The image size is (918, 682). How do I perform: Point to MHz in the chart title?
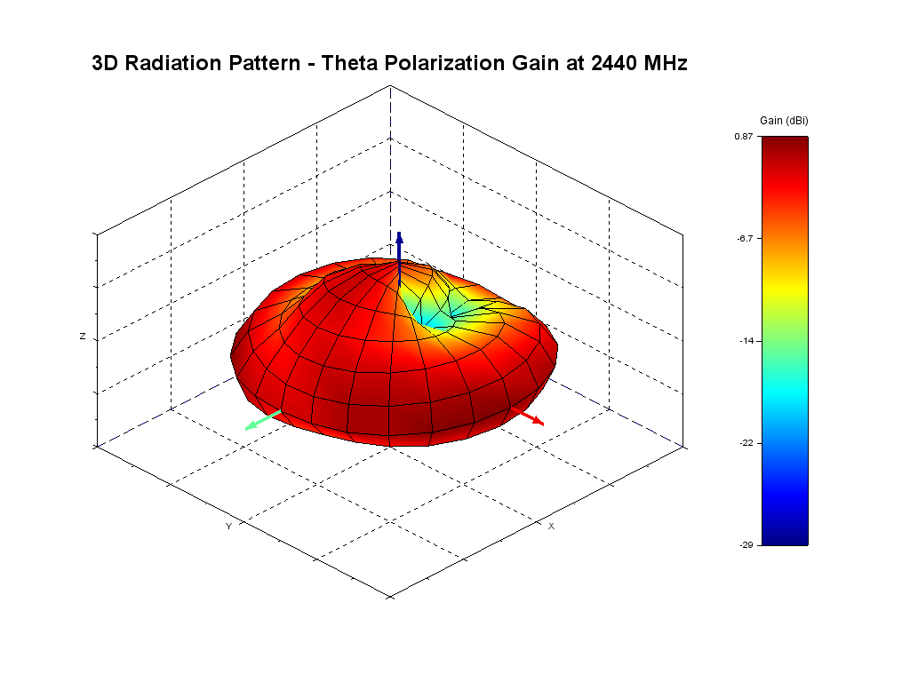tap(666, 64)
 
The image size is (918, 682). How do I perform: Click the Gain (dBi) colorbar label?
tap(784, 121)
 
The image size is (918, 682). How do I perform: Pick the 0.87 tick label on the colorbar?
tap(744, 137)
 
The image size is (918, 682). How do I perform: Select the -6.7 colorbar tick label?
tap(745, 239)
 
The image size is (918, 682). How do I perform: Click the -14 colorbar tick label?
tap(746, 341)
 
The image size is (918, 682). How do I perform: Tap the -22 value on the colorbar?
tap(746, 443)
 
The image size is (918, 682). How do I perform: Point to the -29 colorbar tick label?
tap(746, 544)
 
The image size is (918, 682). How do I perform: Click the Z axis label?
tap(83, 337)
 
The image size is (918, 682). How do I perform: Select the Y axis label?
tap(228, 527)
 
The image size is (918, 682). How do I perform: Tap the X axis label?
tap(551, 527)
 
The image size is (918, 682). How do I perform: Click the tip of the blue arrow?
tap(400, 235)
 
